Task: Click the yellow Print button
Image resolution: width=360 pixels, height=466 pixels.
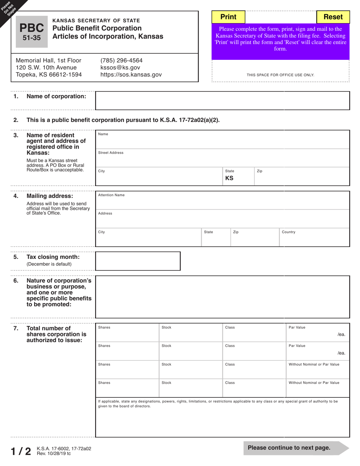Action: [228, 17]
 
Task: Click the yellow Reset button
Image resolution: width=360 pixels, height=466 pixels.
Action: [333, 17]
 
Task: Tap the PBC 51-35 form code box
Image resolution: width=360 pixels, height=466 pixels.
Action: [31, 32]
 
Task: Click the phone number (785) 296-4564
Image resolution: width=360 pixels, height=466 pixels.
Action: [121, 60]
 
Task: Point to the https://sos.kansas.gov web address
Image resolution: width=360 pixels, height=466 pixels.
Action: [131, 75]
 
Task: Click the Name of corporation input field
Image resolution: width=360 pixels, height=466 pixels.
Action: [222, 100]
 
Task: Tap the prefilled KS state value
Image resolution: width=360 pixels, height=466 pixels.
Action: [229, 178]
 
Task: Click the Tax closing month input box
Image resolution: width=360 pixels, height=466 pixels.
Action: [138, 261]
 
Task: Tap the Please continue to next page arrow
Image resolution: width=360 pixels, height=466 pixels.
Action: [296, 448]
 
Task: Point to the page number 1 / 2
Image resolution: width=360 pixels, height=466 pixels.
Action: [21, 451]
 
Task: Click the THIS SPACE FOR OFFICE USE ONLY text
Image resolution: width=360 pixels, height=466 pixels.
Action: [280, 75]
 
